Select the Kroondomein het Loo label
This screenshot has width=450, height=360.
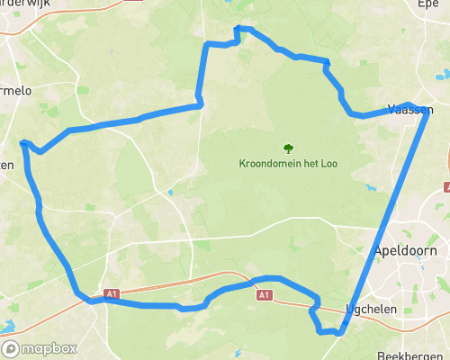pos(287,164)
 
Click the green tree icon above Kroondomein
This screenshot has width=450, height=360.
pos(288,148)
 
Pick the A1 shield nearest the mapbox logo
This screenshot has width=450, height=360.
pos(111,293)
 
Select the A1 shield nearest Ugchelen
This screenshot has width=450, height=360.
pos(263,294)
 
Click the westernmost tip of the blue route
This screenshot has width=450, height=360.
pos(21,142)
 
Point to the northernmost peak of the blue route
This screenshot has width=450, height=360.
pos(237,28)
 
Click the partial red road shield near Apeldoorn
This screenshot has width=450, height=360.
pos(446,187)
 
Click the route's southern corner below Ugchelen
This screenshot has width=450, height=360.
pos(339,333)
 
